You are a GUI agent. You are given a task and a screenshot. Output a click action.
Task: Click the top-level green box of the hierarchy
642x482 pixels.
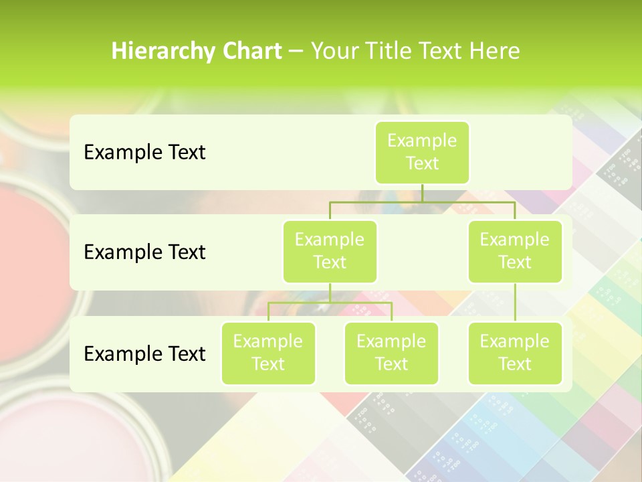tap(422, 152)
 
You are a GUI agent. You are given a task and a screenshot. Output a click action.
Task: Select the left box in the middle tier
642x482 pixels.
tap(330, 251)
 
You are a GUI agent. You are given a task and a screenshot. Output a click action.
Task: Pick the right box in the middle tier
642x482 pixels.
tap(515, 251)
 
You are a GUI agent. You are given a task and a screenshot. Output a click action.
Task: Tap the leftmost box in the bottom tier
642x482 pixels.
tap(268, 353)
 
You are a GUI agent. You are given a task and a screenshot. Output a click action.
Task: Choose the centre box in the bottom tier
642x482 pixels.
tap(391, 353)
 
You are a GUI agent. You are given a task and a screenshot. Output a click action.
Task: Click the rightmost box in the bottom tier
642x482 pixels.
tap(515, 353)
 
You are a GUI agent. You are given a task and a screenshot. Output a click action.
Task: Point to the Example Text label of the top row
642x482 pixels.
tap(144, 153)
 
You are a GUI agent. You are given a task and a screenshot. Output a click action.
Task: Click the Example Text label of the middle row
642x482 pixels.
tap(144, 252)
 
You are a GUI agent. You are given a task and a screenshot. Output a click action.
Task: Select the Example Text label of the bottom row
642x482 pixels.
tap(144, 353)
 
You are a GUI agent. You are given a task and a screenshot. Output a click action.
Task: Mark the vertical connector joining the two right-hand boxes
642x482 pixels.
tap(515, 303)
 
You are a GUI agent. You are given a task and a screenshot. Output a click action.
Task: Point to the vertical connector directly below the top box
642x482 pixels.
tap(422, 193)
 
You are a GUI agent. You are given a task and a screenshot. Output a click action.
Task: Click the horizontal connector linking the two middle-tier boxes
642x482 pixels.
tap(422, 202)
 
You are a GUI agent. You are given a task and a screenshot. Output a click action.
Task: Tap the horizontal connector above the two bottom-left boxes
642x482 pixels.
tap(330, 303)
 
